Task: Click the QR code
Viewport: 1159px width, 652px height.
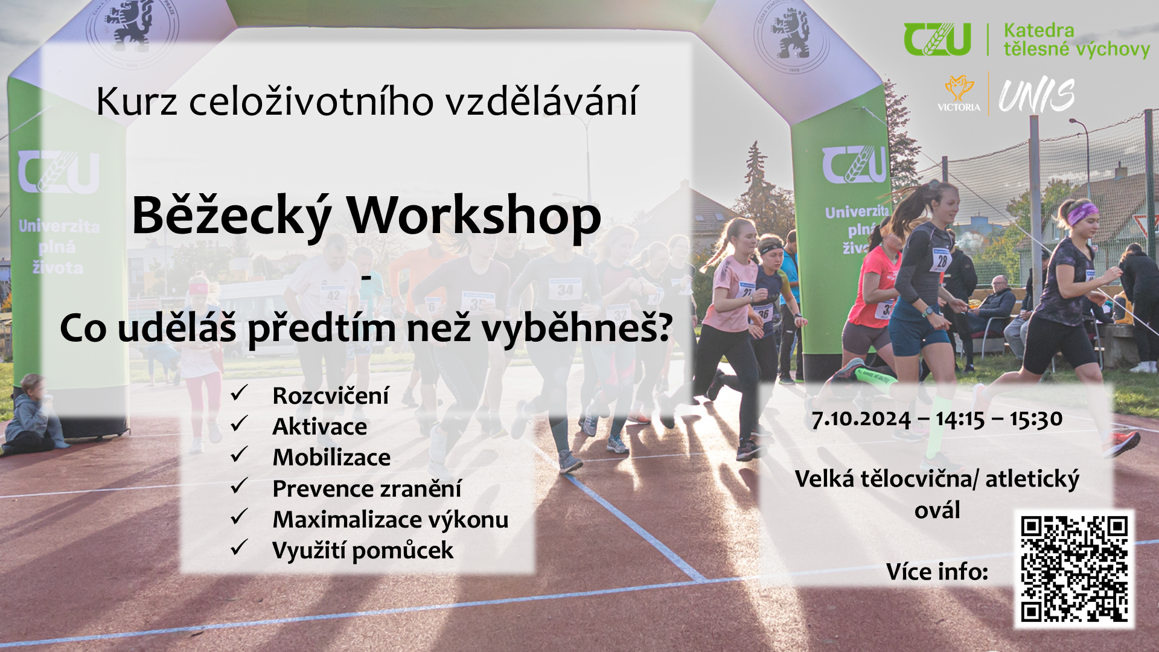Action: [1074, 569]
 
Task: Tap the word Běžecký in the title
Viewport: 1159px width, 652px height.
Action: [232, 216]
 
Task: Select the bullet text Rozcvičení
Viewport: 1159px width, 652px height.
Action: [331, 396]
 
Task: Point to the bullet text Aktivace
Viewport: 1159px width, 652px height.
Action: [320, 427]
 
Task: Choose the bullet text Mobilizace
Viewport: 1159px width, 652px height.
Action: [331, 458]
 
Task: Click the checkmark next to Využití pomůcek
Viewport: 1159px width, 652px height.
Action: [240, 548]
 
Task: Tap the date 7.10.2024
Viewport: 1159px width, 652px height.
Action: [861, 419]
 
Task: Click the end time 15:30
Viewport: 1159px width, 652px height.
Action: [1035, 419]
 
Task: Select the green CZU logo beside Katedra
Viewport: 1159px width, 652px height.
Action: [937, 39]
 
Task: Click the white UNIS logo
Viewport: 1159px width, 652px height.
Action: [1036, 95]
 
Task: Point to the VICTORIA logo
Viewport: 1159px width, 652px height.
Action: [959, 94]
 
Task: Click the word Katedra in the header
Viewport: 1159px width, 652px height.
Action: [1039, 30]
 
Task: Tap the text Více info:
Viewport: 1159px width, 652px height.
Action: [937, 572]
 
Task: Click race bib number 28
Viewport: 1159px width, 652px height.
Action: [942, 261]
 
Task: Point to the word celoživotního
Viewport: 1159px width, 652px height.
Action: [311, 101]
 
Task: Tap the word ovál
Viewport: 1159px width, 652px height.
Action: [937, 510]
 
